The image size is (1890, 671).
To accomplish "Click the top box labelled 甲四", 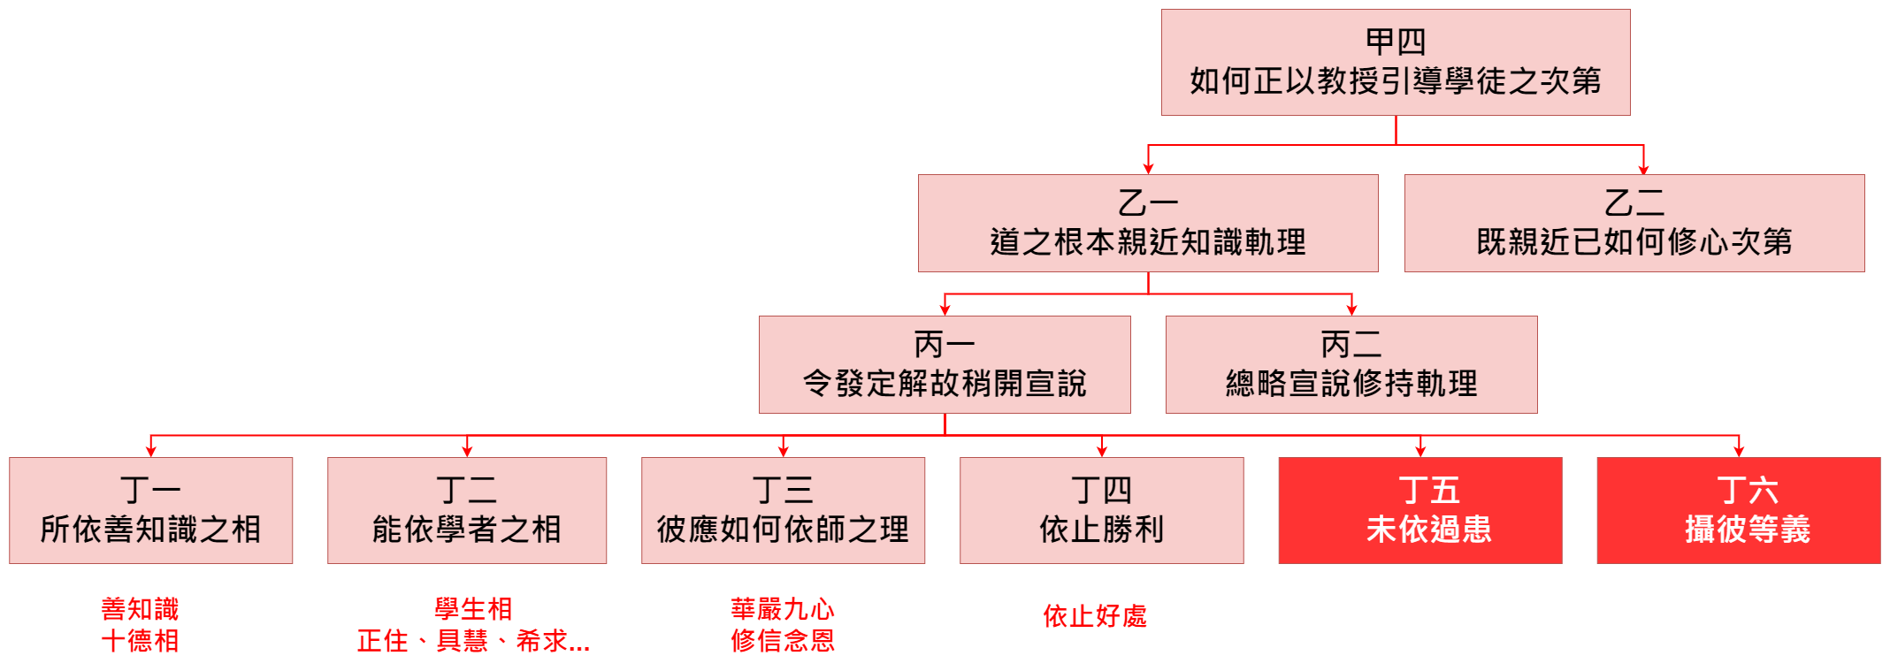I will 1395,62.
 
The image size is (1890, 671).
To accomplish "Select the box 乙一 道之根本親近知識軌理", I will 1147,223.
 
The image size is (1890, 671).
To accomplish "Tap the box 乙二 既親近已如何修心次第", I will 1634,223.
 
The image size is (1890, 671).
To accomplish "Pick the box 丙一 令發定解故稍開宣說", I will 944,364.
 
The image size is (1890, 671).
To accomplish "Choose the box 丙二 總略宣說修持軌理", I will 1351,364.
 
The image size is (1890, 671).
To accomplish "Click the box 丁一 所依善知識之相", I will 150,510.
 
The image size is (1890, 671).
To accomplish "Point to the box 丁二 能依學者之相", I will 466,510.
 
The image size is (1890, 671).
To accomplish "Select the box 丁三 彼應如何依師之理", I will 783,510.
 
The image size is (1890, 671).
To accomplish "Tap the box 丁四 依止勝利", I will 1101,510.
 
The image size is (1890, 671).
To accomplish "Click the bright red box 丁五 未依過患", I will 1419,510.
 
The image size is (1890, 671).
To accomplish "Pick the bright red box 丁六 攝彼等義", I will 1738,510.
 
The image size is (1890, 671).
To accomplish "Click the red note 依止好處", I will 1094,616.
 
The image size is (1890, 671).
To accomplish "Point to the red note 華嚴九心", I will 782,609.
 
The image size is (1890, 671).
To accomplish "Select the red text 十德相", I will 140,641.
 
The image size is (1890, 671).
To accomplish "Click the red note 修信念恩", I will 782,641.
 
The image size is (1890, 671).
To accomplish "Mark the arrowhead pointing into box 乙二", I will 1643,169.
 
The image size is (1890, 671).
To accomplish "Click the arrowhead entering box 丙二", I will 1351,309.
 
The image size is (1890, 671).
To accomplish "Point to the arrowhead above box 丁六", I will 1739,451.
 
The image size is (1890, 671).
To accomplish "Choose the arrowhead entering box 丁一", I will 150,451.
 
